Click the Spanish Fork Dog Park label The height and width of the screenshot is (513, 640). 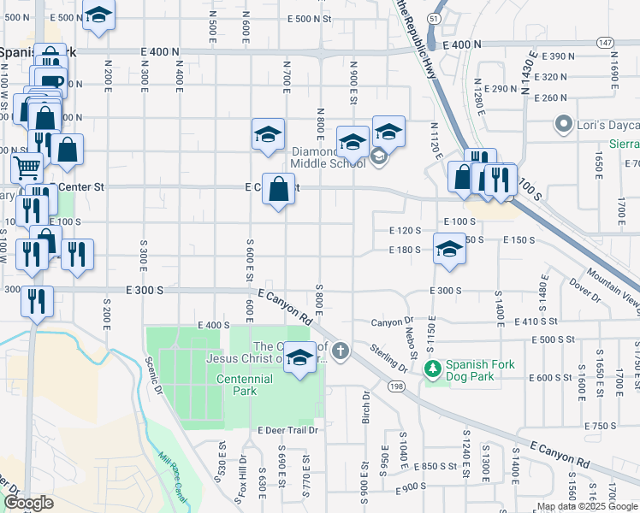480,370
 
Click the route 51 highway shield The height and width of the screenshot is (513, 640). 435,18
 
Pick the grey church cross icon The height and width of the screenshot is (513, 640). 341,351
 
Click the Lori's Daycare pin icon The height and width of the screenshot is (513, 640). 563,125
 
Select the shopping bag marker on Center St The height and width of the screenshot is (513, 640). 278,190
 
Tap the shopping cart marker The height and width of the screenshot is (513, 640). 27,167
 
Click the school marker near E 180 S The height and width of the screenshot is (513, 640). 449,250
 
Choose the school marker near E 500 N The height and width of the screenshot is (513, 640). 99,15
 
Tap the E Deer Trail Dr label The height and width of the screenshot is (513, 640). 287,430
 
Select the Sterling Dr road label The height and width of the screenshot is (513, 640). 389,357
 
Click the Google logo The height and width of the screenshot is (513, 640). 27,503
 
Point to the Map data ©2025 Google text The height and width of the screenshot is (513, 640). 587,506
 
